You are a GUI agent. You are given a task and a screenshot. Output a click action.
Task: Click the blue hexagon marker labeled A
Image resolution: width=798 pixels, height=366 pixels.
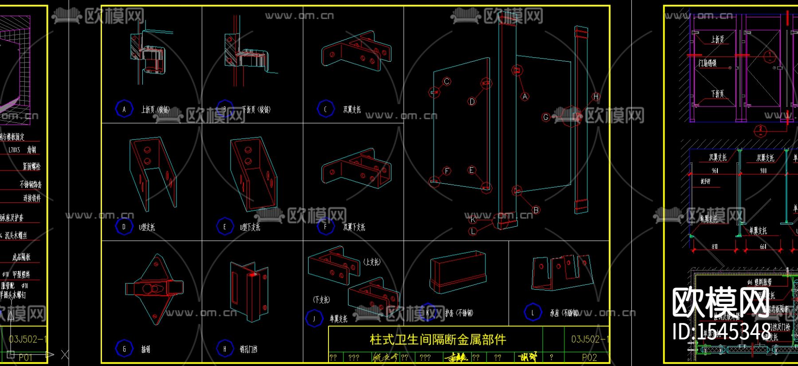[124, 109]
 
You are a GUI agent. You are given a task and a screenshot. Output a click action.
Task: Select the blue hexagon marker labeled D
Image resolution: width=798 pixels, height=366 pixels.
[124, 227]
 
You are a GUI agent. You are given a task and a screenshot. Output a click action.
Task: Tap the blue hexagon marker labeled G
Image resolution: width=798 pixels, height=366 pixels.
[124, 349]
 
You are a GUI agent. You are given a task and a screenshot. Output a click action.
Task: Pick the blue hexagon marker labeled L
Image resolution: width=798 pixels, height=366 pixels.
[532, 312]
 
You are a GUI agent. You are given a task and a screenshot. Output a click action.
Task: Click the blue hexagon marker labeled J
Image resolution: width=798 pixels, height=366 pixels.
[314, 319]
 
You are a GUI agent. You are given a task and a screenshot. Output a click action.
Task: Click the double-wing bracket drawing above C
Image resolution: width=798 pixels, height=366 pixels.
[356, 51]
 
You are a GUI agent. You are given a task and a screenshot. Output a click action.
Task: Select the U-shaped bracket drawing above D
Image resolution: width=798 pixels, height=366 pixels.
[152, 173]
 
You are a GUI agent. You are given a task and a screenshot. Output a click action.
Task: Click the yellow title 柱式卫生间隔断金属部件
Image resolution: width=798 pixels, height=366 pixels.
[438, 340]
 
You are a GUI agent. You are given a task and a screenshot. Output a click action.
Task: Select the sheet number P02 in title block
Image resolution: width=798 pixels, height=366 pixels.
[589, 358]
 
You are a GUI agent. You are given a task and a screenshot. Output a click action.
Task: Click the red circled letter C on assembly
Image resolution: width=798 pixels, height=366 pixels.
[447, 81]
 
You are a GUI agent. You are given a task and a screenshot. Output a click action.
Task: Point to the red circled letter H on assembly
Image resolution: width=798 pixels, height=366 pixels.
[596, 96]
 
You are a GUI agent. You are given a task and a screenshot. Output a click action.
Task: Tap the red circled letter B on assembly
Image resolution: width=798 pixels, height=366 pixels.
[536, 210]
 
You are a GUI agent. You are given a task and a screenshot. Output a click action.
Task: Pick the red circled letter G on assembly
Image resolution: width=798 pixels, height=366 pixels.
[546, 117]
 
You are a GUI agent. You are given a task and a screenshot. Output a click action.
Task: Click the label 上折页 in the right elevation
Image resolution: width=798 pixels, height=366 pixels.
[717, 39]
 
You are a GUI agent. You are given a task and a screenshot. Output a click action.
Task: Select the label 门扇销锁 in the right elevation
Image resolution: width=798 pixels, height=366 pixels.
[708, 63]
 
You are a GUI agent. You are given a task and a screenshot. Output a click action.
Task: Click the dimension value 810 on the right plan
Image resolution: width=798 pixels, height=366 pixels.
[715, 246]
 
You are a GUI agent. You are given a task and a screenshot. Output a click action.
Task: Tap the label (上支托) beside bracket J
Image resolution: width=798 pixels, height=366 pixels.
[372, 262]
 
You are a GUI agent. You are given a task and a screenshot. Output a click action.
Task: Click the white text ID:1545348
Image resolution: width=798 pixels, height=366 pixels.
[722, 331]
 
